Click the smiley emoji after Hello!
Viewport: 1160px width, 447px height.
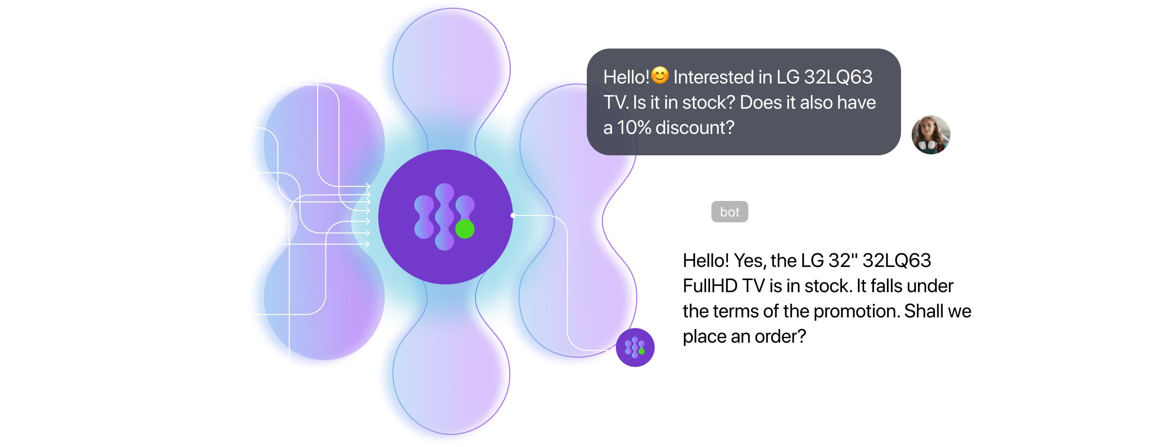click(x=660, y=75)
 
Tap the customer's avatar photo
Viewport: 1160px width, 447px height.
click(x=930, y=135)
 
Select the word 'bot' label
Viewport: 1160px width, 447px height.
click(x=729, y=212)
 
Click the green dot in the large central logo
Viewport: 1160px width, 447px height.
click(x=465, y=229)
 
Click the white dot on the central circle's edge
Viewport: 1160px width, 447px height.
click(x=513, y=215)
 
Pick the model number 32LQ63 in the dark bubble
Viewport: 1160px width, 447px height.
click(x=838, y=77)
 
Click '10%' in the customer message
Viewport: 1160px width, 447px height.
click(x=634, y=128)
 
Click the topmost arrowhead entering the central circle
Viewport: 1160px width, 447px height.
click(x=368, y=186)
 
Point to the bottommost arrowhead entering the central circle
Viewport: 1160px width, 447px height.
click(x=367, y=244)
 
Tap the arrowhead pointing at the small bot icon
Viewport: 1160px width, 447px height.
click(x=613, y=350)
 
